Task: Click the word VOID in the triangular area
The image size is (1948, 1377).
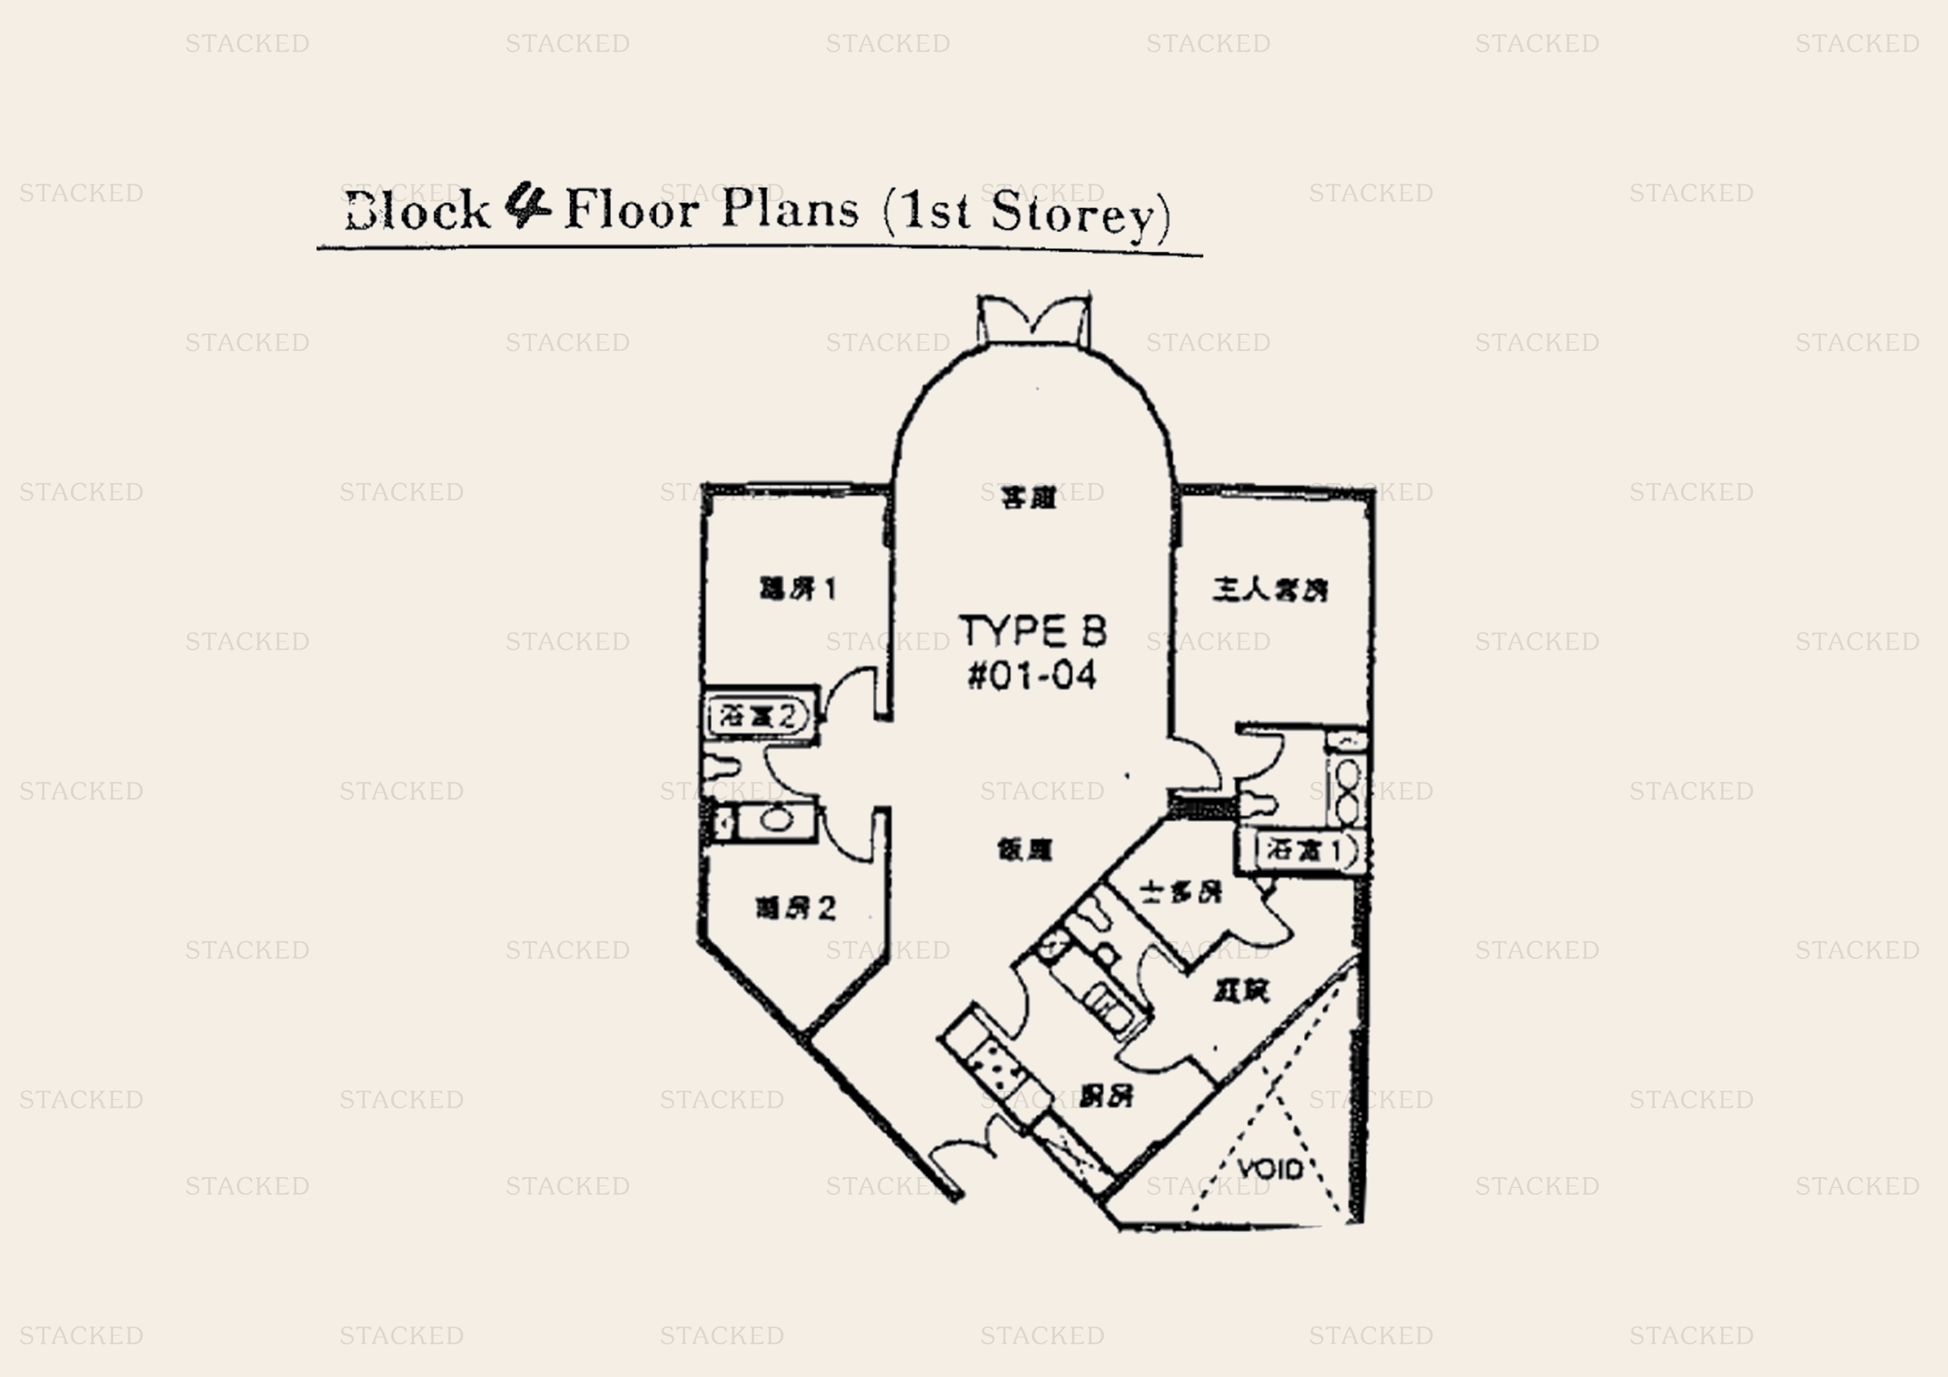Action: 1269,1170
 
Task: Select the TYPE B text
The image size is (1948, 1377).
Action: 1032,631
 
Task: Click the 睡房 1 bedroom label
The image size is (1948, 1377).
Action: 797,589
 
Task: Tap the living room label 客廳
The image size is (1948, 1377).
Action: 1028,498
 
